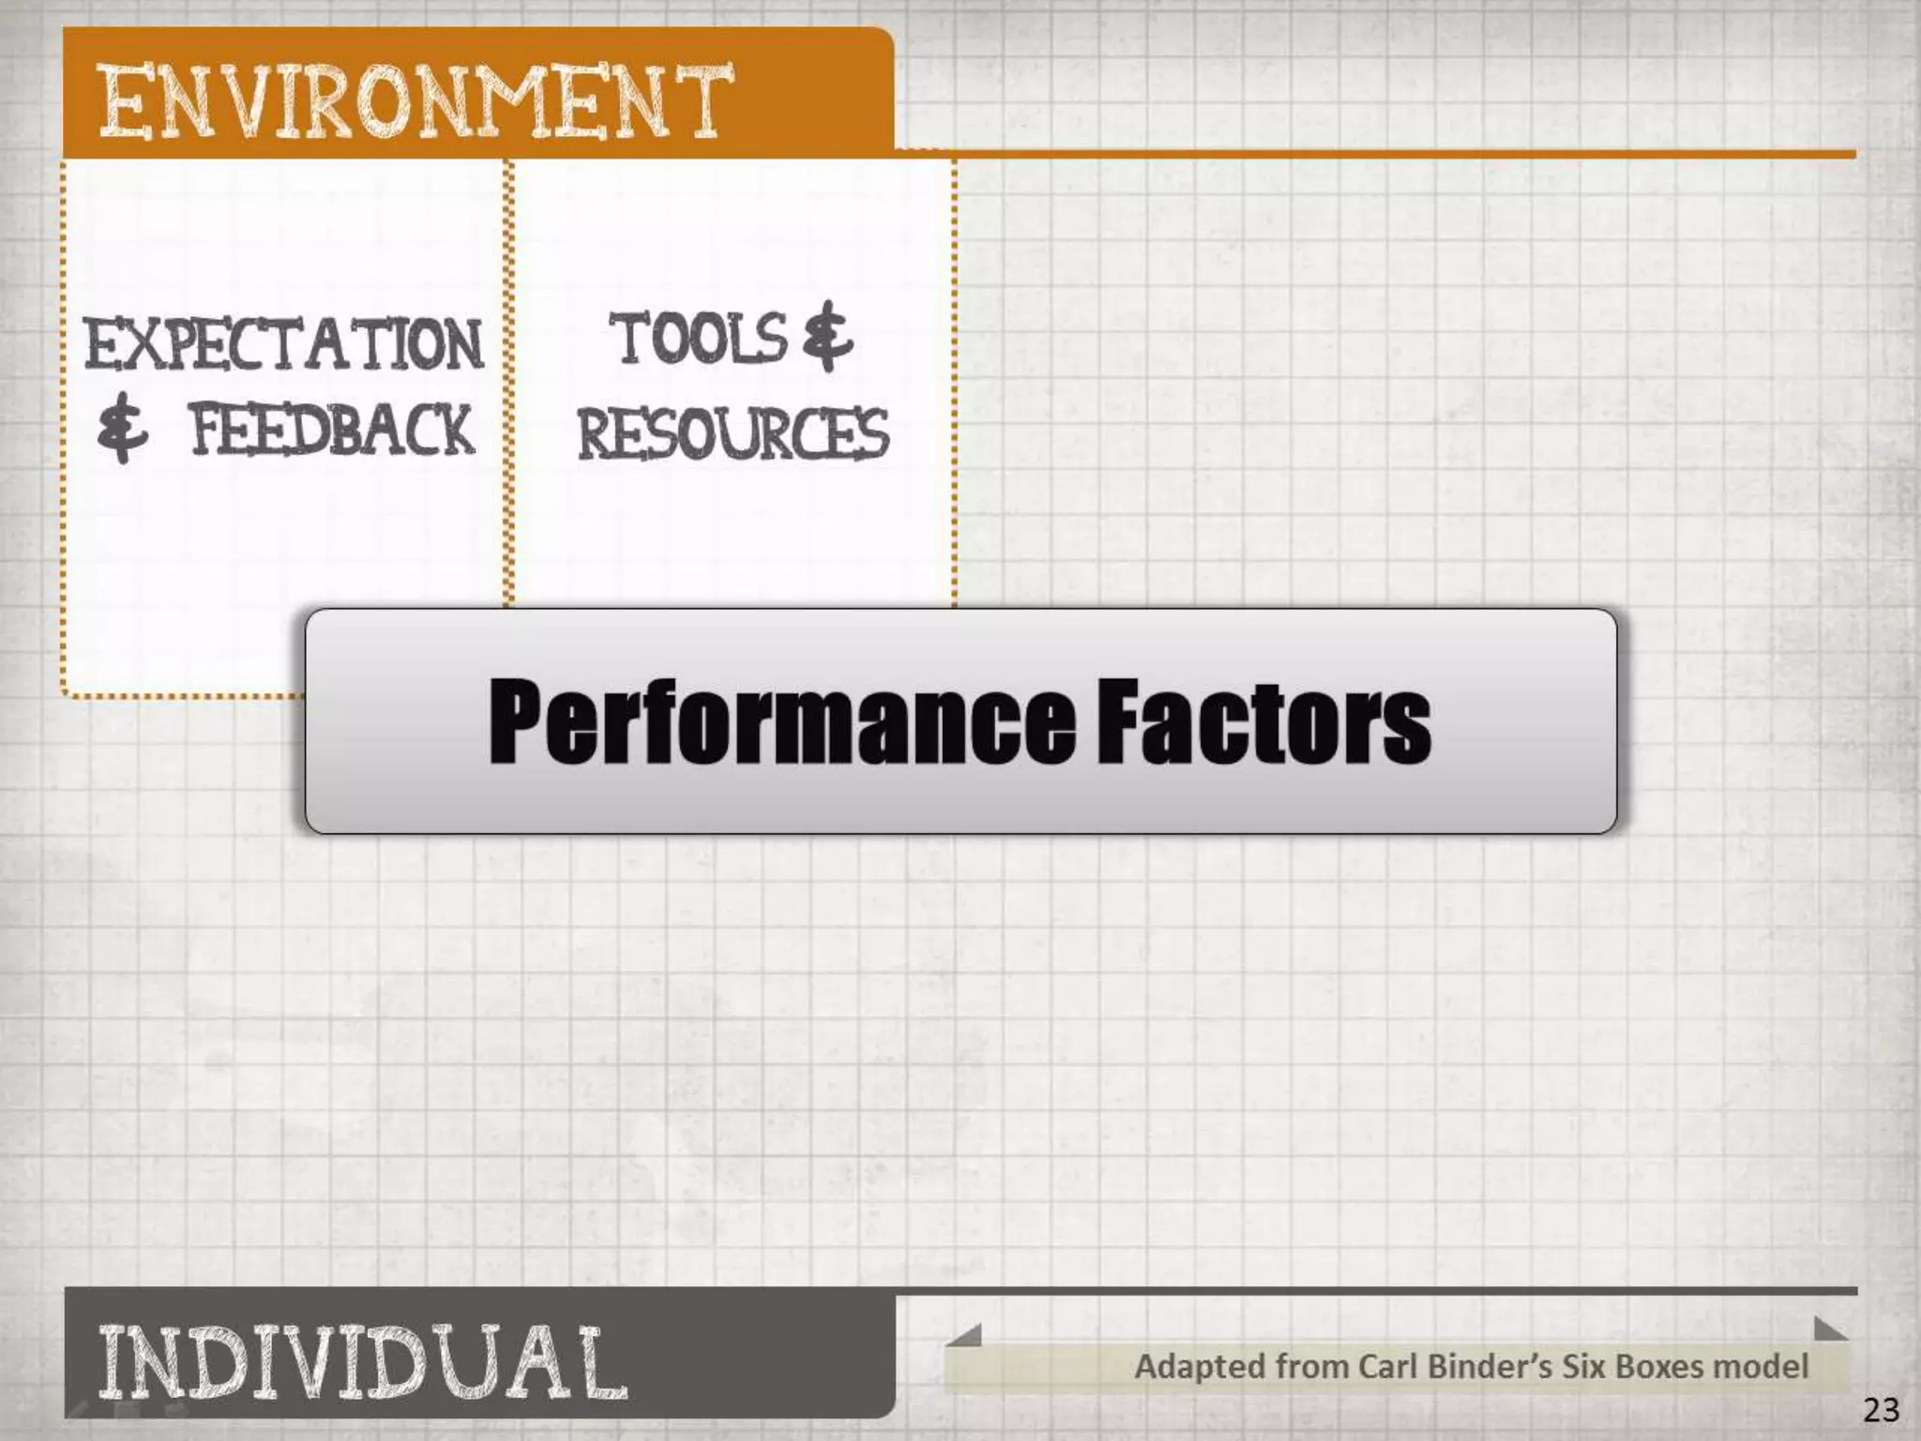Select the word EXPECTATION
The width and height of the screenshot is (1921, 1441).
coord(283,343)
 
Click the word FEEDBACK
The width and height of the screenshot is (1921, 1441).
coord(332,431)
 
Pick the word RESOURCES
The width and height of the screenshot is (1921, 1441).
coord(733,434)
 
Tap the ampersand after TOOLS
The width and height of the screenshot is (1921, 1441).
coord(827,336)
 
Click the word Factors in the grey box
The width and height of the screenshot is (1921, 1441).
coord(1263,720)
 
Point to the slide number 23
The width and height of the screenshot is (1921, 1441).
coord(1881,1410)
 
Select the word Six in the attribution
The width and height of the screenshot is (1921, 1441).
coord(1581,1367)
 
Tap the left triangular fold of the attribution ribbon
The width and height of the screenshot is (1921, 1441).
coord(966,1335)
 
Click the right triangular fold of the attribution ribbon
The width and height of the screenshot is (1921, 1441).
coord(1829,1328)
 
